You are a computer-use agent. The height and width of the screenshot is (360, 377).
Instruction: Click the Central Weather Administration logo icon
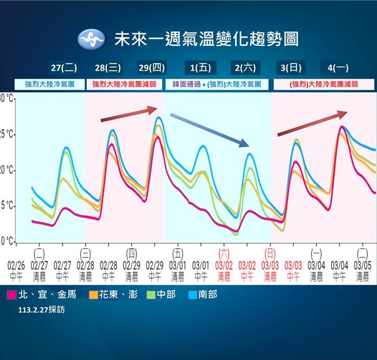(x=92, y=39)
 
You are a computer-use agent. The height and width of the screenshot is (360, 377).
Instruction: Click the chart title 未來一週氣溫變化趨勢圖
(x=206, y=39)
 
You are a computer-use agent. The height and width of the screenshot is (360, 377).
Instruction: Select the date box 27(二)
(x=64, y=68)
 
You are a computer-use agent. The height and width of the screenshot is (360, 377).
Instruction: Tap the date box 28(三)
(x=107, y=68)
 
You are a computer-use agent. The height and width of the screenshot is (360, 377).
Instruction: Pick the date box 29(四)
(x=152, y=68)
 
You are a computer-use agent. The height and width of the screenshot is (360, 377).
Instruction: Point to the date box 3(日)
(x=291, y=68)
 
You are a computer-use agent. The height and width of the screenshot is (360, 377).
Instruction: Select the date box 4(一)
(x=334, y=68)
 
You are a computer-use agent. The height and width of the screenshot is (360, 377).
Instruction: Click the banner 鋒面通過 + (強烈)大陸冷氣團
(x=217, y=84)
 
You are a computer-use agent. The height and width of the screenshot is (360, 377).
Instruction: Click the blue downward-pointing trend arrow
(x=209, y=130)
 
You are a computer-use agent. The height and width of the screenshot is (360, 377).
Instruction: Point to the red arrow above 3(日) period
(x=312, y=123)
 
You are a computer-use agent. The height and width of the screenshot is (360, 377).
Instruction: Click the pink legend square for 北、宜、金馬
(x=11, y=295)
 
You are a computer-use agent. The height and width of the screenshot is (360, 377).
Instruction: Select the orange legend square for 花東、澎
(x=93, y=295)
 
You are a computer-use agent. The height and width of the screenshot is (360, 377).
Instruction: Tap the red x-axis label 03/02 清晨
(x=224, y=271)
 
